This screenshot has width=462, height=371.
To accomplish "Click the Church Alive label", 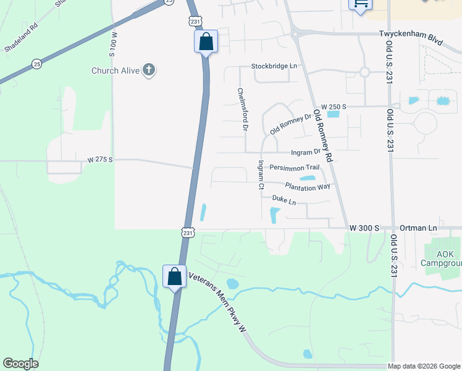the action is [115, 70].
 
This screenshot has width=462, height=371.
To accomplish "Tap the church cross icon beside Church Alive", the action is [149, 70].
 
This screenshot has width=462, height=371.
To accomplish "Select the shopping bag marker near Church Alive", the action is [206, 42].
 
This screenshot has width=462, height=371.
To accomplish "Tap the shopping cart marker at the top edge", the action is [360, 4].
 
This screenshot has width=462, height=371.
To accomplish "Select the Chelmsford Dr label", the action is [243, 109].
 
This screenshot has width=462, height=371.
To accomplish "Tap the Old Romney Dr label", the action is [290, 124].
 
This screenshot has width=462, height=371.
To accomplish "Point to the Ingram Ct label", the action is [261, 174].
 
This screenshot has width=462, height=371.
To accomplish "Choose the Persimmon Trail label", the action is [294, 167].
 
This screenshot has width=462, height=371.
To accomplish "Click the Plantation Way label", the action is [308, 185].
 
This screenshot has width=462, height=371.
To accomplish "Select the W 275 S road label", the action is [100, 160].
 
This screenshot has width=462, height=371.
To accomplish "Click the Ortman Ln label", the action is [419, 228].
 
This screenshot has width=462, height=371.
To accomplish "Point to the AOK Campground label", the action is [441, 258].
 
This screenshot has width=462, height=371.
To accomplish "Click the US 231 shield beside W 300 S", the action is [188, 232].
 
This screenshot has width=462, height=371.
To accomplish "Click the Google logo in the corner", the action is [20, 364].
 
